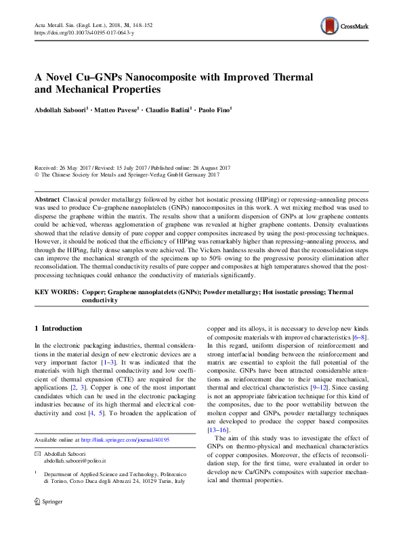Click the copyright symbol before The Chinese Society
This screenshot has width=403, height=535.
tap(37, 175)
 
